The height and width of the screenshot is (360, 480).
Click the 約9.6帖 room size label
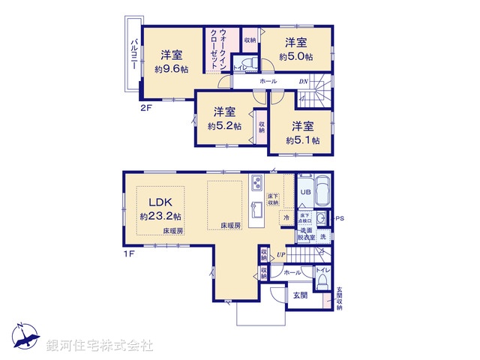(x=172, y=69)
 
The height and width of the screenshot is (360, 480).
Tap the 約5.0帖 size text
(x=296, y=56)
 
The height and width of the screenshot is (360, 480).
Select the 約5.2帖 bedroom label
(x=224, y=126)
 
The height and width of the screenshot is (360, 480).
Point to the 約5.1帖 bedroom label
(x=303, y=140)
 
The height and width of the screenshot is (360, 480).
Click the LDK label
(x=160, y=202)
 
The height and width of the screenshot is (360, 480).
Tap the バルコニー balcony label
(x=133, y=53)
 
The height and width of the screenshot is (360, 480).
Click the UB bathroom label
(x=305, y=193)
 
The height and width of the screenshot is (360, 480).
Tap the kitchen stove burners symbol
(x=256, y=183)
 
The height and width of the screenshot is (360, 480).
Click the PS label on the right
(x=339, y=218)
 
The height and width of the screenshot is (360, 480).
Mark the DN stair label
(x=304, y=81)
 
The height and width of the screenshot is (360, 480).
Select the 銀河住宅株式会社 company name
(x=100, y=346)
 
